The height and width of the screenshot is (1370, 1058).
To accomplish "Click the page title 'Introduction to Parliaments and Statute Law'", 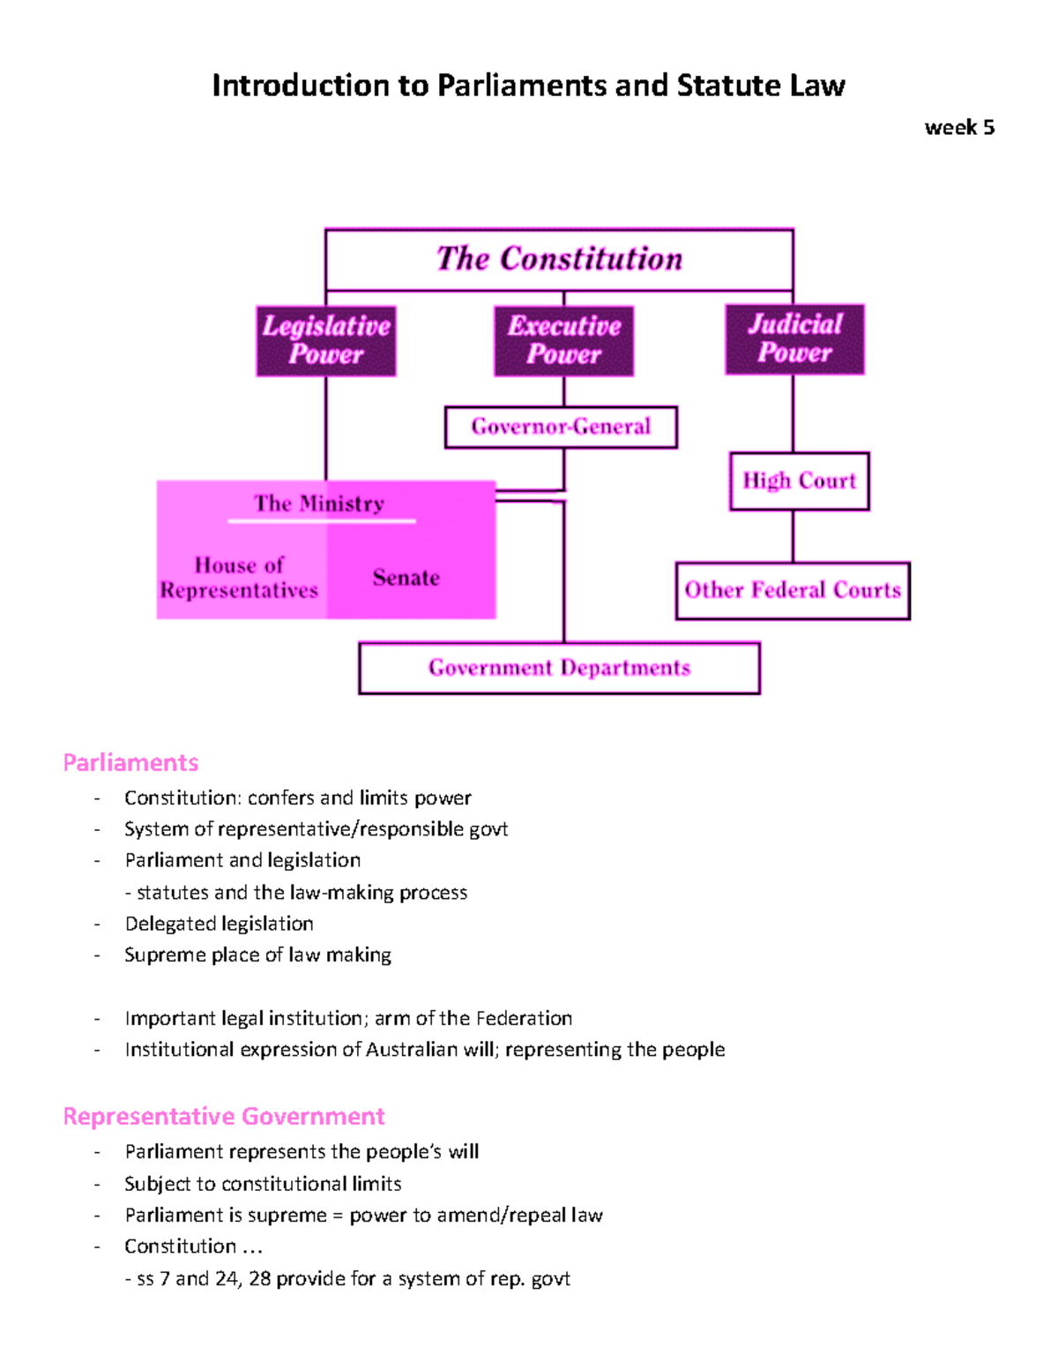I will (528, 86).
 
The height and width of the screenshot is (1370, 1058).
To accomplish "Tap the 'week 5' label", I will (959, 128).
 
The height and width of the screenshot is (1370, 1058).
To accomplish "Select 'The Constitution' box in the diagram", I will (559, 259).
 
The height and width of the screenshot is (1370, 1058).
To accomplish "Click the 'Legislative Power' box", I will (326, 341).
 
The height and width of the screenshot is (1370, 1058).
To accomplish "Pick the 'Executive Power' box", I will (564, 341).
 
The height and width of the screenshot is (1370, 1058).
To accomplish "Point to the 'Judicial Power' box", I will (794, 339).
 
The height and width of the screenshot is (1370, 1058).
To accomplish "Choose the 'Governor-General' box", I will (561, 427).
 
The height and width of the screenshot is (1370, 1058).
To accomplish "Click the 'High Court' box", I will (799, 481).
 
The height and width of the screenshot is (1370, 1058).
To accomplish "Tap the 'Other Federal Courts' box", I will (793, 590).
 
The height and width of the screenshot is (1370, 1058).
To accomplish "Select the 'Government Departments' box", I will (559, 668).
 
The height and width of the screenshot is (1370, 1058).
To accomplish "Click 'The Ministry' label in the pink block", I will (319, 504).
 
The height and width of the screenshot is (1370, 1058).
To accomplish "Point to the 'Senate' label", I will (406, 578).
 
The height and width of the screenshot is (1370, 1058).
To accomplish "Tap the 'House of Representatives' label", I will (239, 578).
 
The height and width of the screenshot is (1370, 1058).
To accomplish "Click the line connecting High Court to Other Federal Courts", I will (793, 536).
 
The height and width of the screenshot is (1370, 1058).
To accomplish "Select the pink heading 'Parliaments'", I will (130, 762).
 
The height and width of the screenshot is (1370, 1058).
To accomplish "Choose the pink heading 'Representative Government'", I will (224, 1116).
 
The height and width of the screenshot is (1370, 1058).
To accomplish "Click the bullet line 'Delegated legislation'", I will (219, 924).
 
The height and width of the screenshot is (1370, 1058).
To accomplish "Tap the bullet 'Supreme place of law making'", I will (257, 955).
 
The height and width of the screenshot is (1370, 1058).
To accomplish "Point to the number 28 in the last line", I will (259, 1278).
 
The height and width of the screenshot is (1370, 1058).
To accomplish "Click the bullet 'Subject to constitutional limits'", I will (263, 1183).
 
